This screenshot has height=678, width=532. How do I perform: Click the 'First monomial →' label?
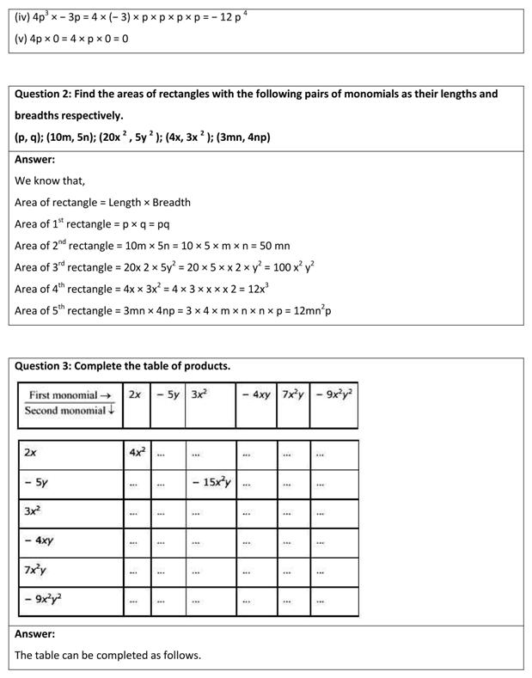[70, 395]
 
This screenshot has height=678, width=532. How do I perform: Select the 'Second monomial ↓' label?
[70, 411]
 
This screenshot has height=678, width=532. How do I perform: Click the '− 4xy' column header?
[255, 395]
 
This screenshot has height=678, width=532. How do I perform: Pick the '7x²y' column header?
[293, 395]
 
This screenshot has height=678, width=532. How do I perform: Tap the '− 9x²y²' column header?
[333, 395]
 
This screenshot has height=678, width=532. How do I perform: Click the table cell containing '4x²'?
[136, 452]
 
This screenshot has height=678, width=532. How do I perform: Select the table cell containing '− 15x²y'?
[211, 483]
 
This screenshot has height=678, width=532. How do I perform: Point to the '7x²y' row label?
[37, 571]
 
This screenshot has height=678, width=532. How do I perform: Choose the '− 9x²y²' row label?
[44, 600]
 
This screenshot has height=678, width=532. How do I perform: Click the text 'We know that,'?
[50, 180]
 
